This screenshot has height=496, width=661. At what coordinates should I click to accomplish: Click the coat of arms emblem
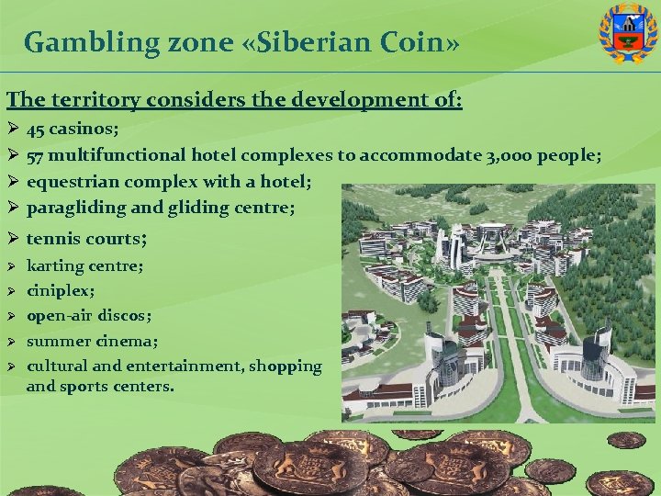pyautogui.click(x=628, y=33)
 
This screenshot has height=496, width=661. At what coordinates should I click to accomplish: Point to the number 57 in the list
pyautogui.click(x=37, y=155)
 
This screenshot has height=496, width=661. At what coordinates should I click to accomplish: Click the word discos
pyautogui.click(x=125, y=316)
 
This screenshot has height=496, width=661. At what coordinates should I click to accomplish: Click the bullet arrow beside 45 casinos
pyautogui.click(x=12, y=130)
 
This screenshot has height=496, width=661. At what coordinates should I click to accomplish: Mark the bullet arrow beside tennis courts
pyautogui.click(x=12, y=239)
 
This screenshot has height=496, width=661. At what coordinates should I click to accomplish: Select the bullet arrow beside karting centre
pyautogui.click(x=12, y=266)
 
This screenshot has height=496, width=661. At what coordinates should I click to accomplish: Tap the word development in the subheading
pyautogui.click(x=356, y=98)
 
